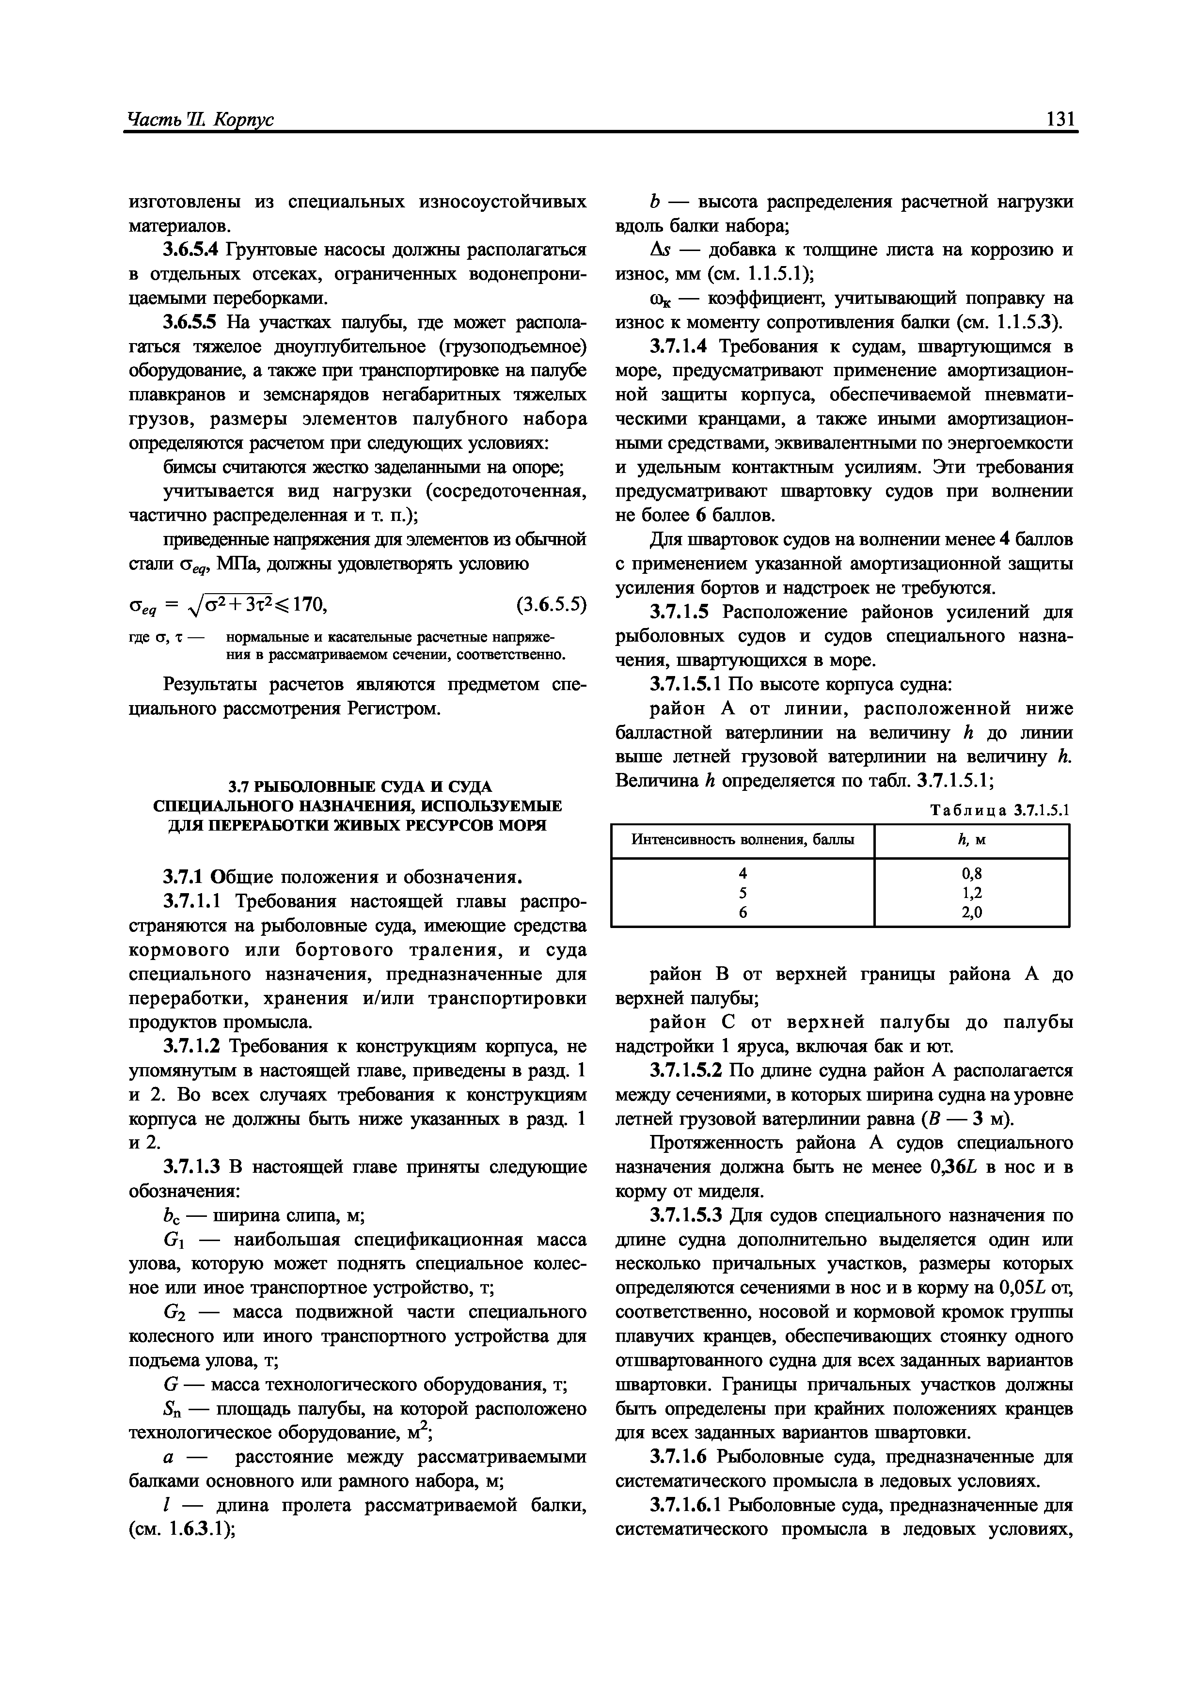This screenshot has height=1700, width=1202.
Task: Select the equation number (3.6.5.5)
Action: (550, 605)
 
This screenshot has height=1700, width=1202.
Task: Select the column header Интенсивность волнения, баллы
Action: (742, 840)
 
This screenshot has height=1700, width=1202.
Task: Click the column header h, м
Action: (972, 840)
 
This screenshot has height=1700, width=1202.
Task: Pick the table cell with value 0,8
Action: (972, 872)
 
